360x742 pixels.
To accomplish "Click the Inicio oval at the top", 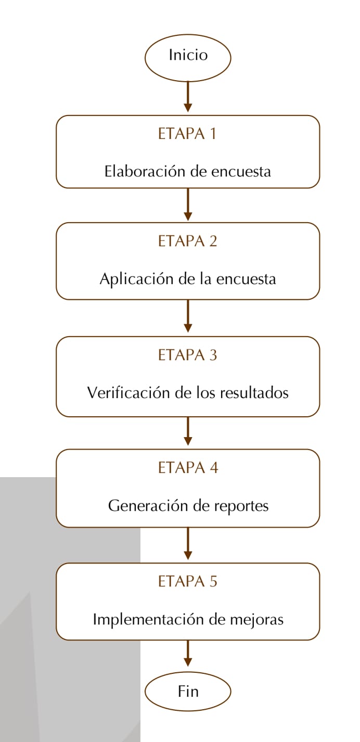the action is click(x=188, y=58).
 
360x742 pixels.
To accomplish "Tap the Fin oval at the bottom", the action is click(x=188, y=692).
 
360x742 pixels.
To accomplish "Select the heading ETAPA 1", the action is click(x=187, y=134).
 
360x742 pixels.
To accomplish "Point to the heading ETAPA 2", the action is click(x=187, y=241).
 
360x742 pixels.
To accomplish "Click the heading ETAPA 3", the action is click(x=187, y=355).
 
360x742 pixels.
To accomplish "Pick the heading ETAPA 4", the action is click(x=188, y=468).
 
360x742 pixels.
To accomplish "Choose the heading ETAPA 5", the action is click(x=187, y=581).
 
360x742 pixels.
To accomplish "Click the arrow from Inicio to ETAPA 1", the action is click(x=188, y=97).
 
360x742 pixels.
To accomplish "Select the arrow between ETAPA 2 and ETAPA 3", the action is click(x=188, y=316).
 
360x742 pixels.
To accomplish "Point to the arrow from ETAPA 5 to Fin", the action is click(x=188, y=654).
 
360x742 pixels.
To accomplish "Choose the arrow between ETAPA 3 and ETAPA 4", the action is click(x=188, y=431).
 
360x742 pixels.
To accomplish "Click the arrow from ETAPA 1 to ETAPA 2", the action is click(x=188, y=204).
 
